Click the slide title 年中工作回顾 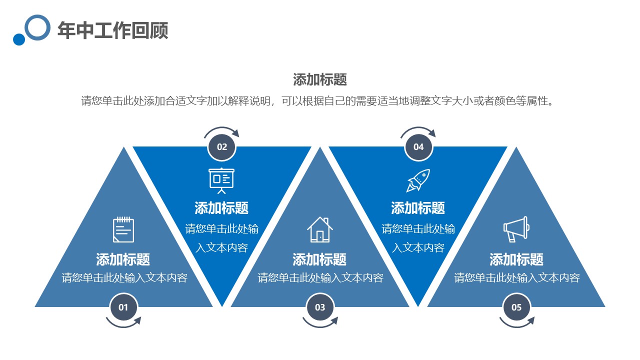coord(113,30)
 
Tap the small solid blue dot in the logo coord(19,39)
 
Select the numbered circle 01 coord(123,307)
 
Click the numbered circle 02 coord(222,147)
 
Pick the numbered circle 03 coord(320,307)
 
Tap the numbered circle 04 coord(418,147)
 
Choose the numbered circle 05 coord(516,307)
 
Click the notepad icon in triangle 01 coord(123,229)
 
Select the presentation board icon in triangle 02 coord(221,181)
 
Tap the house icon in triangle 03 coord(320,229)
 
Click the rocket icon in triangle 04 coord(418,180)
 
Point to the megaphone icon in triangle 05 coord(516,229)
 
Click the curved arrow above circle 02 coord(221,128)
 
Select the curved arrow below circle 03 coord(319,326)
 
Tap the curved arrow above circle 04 coord(417,128)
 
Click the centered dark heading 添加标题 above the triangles coord(320,79)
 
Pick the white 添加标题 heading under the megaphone coord(516,259)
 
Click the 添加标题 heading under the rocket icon coord(418,208)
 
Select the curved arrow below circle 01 coord(123,326)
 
